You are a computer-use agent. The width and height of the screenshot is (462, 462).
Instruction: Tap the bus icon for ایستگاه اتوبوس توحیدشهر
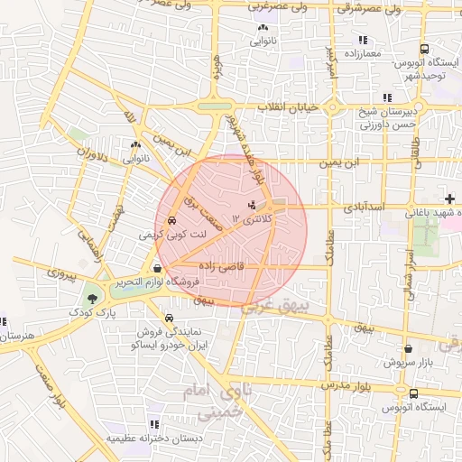pos(425,51)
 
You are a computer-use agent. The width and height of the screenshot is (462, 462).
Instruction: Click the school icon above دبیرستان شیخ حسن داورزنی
pos(387,98)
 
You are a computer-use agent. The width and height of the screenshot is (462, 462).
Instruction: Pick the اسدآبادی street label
pos(364,207)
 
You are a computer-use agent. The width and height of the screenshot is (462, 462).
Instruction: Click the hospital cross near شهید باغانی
pos(449,198)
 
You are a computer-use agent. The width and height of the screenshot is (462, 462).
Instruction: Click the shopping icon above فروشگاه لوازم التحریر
pos(158,267)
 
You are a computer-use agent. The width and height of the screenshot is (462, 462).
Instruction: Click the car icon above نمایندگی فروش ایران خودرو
pos(171,318)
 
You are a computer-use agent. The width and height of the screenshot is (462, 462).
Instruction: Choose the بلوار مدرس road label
pos(348,386)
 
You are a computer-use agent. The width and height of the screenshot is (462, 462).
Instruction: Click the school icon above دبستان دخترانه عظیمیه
pos(152,424)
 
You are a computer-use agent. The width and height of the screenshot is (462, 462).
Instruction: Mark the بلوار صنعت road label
pos(50,384)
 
